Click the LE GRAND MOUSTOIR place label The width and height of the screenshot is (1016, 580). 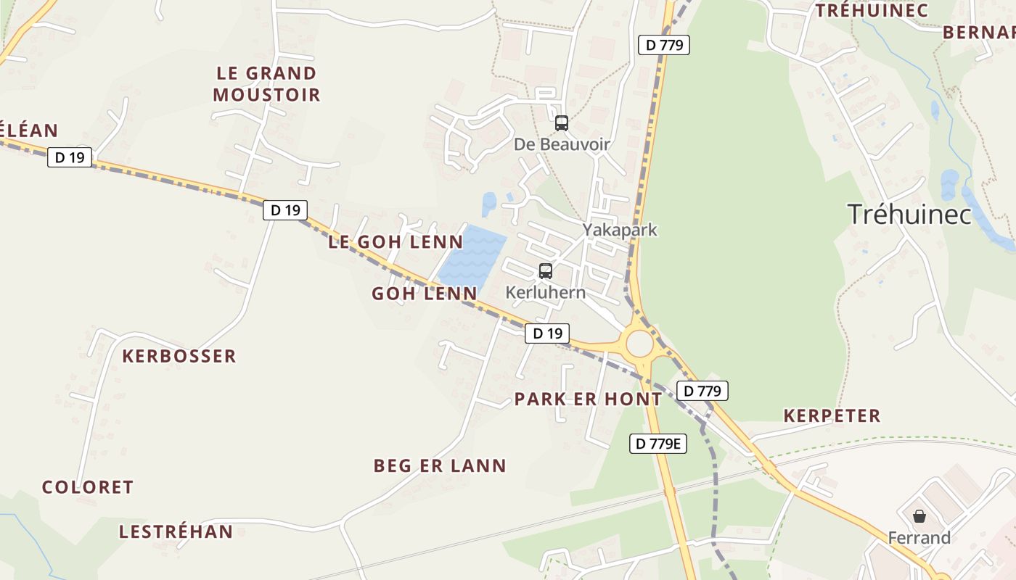266,83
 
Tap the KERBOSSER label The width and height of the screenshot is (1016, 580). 179,356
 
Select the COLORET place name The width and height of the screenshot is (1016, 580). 88,487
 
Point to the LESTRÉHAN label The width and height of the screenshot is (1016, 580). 176,531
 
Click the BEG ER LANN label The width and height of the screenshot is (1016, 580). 440,465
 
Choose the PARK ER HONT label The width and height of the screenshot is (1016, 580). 588,399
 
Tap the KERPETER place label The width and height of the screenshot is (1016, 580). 832,415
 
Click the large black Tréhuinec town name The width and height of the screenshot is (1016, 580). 909,214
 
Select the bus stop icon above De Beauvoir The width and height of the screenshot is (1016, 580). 562,123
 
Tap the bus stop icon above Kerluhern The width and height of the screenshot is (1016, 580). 546,271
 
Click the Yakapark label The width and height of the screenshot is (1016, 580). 620,230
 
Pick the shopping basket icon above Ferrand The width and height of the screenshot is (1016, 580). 919,516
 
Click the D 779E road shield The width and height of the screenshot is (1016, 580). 657,444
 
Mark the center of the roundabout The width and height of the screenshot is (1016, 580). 639,344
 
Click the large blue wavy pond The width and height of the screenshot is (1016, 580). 472,255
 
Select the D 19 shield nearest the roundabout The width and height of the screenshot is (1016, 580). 547,333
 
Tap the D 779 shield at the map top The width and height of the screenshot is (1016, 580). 664,45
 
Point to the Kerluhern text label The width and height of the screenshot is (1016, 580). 545,293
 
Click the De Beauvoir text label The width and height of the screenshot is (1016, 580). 562,144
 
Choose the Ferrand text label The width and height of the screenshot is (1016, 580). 919,537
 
